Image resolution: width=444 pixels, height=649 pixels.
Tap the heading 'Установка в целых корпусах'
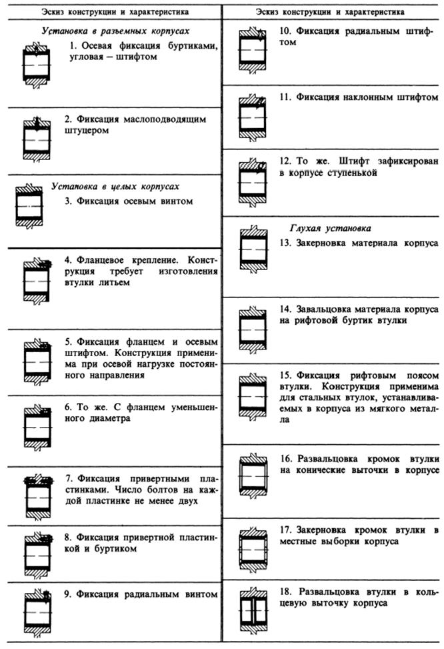(x=115, y=186)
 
